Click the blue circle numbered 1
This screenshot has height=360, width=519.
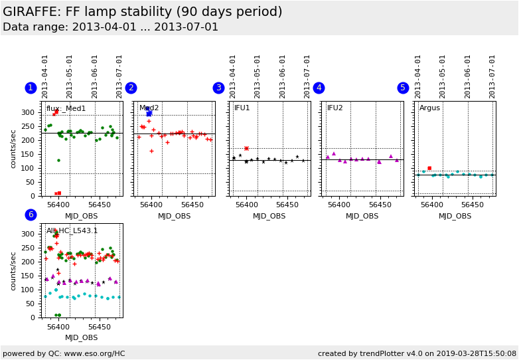[31, 88]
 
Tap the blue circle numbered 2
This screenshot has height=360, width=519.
[131, 88]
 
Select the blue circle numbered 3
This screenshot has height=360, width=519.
[218, 88]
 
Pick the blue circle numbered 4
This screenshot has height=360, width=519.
[319, 88]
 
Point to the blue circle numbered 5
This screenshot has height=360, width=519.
[403, 88]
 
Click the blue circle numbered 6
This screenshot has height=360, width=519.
[31, 215]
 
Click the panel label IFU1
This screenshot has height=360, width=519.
[242, 108]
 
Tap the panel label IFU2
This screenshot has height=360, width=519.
[335, 108]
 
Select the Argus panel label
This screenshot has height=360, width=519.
[429, 108]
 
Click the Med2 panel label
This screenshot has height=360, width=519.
[149, 108]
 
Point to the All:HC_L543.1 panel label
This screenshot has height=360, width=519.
[72, 231]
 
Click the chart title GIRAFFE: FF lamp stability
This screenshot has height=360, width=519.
[142, 12]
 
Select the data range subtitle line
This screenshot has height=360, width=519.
[110, 27]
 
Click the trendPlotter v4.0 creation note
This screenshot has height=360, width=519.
[417, 353]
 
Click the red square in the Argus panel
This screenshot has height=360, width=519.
[429, 168]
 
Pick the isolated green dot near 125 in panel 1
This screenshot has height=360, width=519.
[58, 160]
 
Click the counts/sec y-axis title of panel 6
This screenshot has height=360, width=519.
[13, 270]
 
